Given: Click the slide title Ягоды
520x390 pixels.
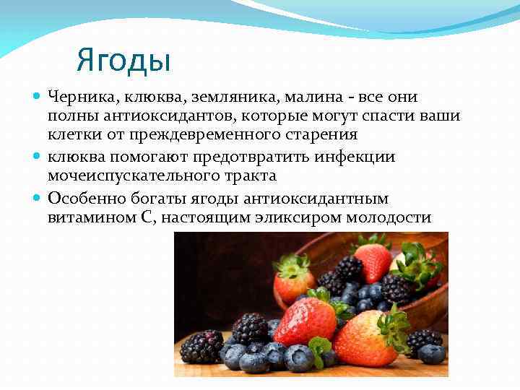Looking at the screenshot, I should pos(123,60).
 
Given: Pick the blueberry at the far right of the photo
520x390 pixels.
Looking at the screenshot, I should pos(432,354).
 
